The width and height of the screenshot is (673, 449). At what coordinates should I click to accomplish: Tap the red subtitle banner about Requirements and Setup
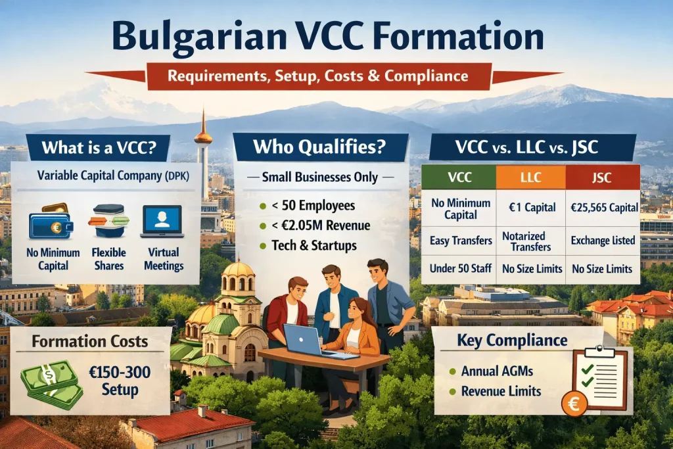click(318, 76)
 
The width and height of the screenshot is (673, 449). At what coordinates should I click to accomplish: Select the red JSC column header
click(602, 177)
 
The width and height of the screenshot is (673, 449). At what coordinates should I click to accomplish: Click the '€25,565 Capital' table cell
click(602, 208)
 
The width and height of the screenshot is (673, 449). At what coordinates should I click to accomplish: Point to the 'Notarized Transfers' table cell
click(530, 240)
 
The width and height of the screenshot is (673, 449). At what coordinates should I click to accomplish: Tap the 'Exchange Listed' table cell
click(602, 240)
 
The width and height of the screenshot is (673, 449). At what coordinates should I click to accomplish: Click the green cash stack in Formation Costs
click(51, 384)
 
